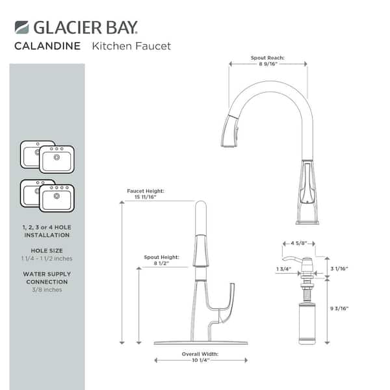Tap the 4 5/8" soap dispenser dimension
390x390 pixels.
pos(298,244)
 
